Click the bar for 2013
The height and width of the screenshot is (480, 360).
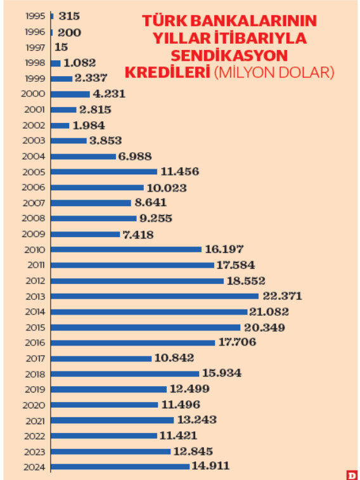154,296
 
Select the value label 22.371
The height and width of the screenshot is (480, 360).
283,296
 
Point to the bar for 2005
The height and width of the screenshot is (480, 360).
103,172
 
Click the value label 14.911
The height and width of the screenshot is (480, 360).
212,467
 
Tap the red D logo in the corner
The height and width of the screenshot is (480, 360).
351,474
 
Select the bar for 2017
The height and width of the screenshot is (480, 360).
101,358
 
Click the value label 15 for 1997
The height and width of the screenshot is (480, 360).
61,47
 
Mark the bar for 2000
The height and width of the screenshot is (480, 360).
70,94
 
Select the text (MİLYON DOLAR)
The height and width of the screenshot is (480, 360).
274,72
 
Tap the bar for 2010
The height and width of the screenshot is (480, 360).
125,249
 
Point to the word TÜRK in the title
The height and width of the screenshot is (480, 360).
160,22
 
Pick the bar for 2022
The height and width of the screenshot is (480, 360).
103,436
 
